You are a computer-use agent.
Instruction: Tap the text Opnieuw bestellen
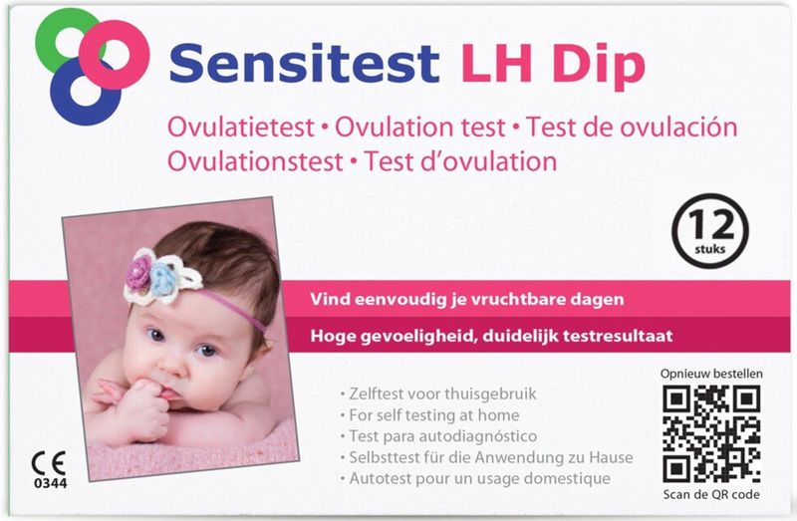(711, 374)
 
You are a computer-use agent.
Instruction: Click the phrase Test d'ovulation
(460, 160)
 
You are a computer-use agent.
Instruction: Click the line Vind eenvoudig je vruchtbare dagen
(468, 299)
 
